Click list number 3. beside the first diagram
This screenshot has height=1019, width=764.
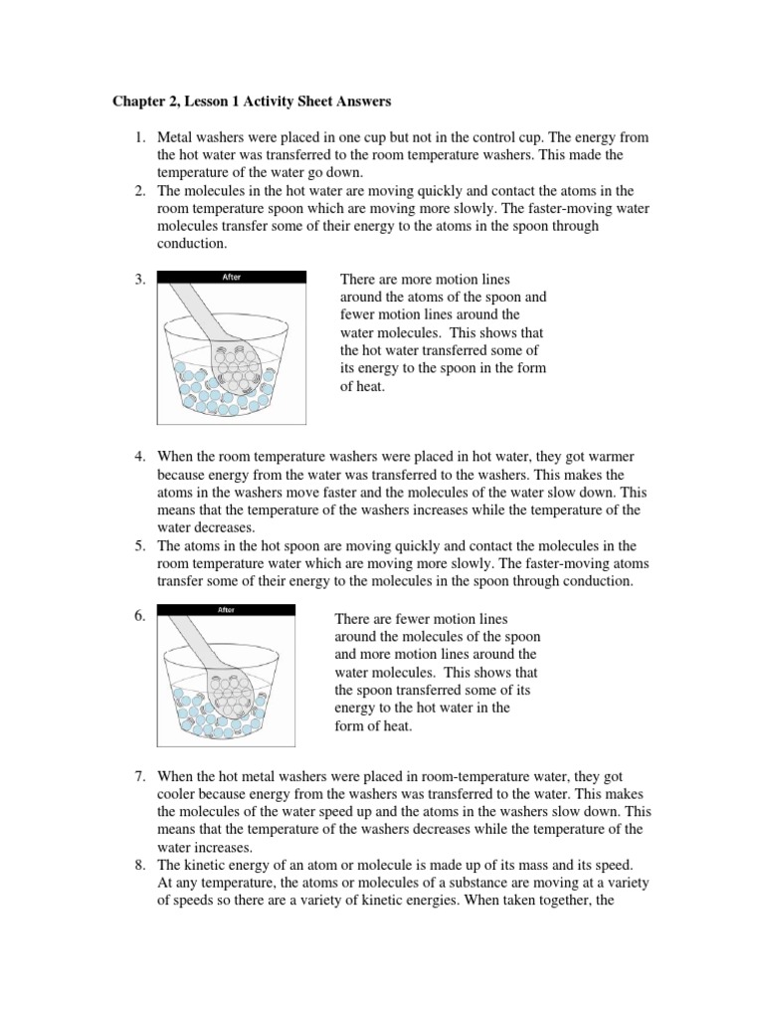139,281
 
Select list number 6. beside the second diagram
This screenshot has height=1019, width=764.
139,615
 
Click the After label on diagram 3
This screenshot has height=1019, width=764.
230,278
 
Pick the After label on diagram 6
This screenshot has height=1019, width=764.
226,610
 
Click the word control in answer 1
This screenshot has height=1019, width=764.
512,137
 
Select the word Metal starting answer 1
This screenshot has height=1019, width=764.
176,137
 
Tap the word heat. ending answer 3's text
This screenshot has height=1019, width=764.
361,387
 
